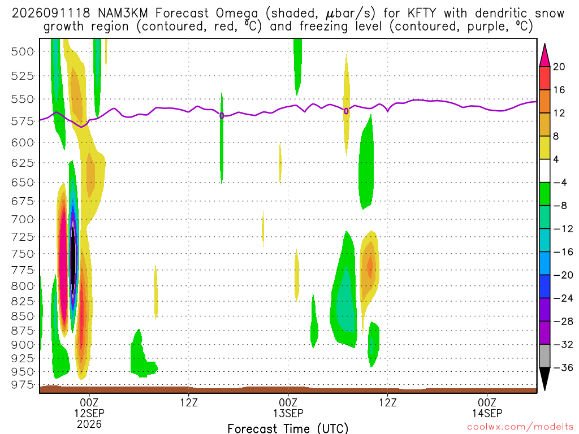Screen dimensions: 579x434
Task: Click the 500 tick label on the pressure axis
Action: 23,51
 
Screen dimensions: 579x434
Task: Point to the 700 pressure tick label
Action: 23,220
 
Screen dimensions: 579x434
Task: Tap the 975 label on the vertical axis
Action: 23,385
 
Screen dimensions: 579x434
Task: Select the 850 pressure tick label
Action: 23,316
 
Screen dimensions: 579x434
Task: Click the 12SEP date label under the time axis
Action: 89,413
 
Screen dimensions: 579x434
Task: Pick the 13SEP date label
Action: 288,413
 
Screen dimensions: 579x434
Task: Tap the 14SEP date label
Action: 487,413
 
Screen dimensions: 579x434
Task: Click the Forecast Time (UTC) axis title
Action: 288,428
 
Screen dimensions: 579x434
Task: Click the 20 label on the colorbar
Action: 559,67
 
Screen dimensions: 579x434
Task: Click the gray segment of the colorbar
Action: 545,356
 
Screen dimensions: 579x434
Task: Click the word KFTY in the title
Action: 421,14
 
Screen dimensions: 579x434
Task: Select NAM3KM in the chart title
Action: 123,14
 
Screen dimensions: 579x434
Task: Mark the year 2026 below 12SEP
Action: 89,424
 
